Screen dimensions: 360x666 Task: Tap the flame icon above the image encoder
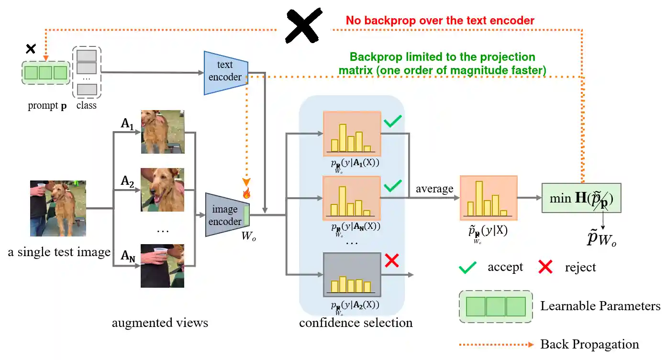pos(247,193)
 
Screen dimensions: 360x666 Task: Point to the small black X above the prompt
pos(31,48)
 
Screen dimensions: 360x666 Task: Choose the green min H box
pos(581,198)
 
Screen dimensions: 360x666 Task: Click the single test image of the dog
pos(58,209)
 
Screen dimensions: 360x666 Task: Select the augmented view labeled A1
pos(162,132)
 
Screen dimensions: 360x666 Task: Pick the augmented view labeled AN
pos(162,266)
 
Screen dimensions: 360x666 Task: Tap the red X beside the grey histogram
pos(392,261)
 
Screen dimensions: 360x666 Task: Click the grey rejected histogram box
pos(352,275)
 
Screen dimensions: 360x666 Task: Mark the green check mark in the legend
pos(467,267)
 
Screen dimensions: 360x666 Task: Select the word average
pos(434,189)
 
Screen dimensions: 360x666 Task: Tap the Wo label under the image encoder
pos(249,237)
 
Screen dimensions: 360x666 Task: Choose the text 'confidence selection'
pos(356,323)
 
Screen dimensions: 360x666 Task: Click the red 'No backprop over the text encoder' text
pos(440,20)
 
